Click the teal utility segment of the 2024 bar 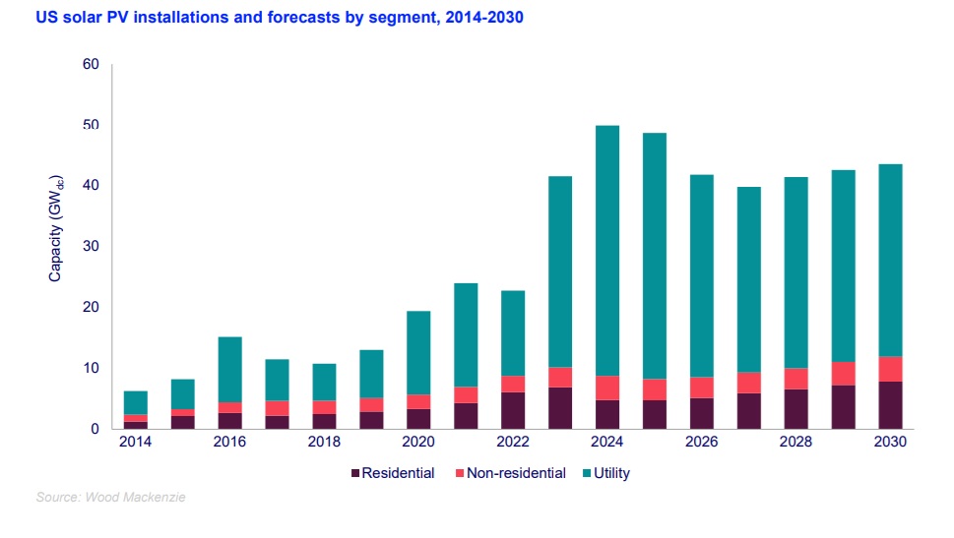pos(607,251)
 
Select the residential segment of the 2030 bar pos(890,405)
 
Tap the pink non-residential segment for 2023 pos(560,377)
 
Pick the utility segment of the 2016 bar pos(230,370)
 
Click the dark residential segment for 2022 pos(513,410)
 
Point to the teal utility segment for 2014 pos(136,402)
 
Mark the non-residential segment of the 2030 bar pos(890,369)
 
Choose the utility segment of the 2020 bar pos(418,353)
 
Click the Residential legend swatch pos(355,473)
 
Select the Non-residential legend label pos(516,473)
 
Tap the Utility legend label pos(611,473)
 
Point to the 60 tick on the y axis pos(91,64)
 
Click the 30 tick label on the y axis pos(91,246)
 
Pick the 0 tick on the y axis pos(95,429)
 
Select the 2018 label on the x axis pos(324,442)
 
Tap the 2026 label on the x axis pos(702,442)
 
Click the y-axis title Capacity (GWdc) pos(55,228)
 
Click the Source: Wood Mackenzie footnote pos(110,498)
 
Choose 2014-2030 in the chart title pos(484,17)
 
